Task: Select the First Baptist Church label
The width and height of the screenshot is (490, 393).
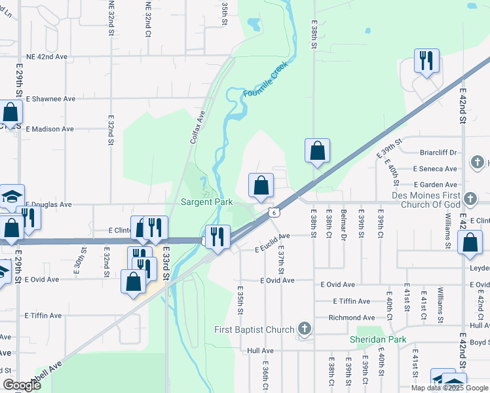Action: pos(254,329)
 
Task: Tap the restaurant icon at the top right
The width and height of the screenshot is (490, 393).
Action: pos(426,61)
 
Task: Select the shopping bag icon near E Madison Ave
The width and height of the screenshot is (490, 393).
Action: pos(11,112)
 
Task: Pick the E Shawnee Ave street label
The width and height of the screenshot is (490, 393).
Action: pos(50,99)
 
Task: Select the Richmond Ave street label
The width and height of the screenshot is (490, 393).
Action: pos(354,318)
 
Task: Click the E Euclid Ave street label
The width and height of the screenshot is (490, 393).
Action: pos(272,242)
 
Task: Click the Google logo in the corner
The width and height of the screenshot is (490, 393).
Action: pos(22,385)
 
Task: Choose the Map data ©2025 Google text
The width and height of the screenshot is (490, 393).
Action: pos(449,388)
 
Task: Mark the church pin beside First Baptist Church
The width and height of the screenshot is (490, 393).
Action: pos(303,327)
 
